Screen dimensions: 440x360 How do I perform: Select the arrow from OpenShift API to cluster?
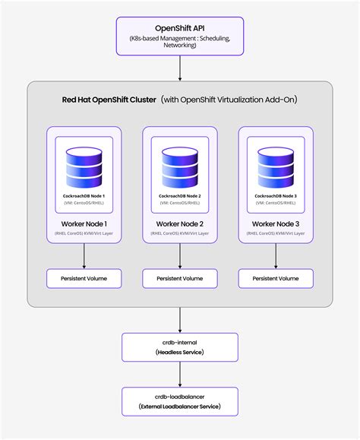tap(180, 68)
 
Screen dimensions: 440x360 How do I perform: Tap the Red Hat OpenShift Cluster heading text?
tap(109, 100)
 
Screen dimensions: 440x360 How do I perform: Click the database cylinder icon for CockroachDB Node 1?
tap(84, 166)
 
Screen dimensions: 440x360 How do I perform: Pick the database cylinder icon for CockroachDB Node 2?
tap(180, 166)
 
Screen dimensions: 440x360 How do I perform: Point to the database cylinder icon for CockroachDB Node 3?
tap(275, 166)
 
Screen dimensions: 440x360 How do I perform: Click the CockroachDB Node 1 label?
tap(84, 196)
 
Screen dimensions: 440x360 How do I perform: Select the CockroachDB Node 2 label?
tap(180, 196)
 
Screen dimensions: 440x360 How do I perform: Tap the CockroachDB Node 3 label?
tap(275, 196)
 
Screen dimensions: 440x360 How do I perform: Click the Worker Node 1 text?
tap(84, 223)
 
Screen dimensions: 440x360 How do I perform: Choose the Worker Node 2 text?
tap(180, 223)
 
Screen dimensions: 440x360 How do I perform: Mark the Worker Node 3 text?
tap(275, 223)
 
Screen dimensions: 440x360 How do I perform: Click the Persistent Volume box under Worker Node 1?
tap(84, 279)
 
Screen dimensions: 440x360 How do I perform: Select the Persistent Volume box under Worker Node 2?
tap(180, 279)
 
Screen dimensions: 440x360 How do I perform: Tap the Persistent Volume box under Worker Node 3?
tap(275, 279)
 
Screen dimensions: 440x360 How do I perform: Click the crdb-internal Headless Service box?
tap(180, 347)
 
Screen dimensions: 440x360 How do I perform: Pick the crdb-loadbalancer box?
tap(180, 400)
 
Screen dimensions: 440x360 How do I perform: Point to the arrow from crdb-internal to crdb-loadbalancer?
tap(180, 374)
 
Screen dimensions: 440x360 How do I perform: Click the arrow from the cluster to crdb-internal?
tap(180, 319)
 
